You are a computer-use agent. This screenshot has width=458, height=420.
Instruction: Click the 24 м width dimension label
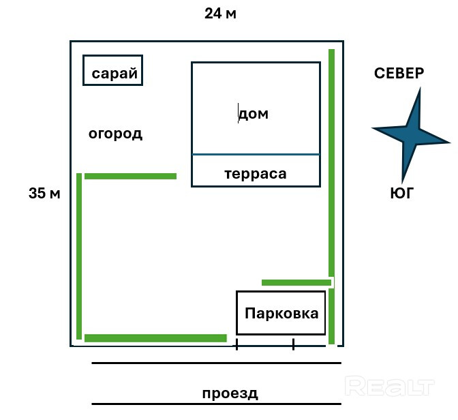tap(220, 14)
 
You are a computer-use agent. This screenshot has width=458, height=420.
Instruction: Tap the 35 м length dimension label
tap(44, 194)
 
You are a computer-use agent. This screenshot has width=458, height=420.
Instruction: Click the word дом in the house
tap(254, 114)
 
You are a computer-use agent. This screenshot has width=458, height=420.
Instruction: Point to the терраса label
tap(256, 174)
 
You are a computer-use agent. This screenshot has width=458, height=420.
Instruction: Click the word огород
tap(115, 134)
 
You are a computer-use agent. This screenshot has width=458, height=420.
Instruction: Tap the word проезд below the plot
tap(230, 393)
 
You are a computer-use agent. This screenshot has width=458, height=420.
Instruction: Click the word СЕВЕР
tap(399, 73)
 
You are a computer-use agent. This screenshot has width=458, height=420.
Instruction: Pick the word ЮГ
tap(402, 194)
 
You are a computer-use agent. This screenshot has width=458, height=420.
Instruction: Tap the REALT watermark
tap(390, 386)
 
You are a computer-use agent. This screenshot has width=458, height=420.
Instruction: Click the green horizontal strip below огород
tap(131, 176)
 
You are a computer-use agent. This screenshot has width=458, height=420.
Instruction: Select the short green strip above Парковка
tap(296, 282)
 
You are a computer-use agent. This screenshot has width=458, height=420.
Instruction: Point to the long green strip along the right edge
tap(331, 196)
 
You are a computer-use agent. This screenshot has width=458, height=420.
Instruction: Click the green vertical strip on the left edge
tap(79, 256)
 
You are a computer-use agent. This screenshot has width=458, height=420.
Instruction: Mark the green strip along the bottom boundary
tap(155, 338)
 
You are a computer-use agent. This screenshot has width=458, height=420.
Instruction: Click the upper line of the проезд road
tap(217, 363)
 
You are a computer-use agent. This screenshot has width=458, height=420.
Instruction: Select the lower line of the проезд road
tap(217, 404)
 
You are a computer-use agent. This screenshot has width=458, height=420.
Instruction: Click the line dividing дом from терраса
tap(256, 154)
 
